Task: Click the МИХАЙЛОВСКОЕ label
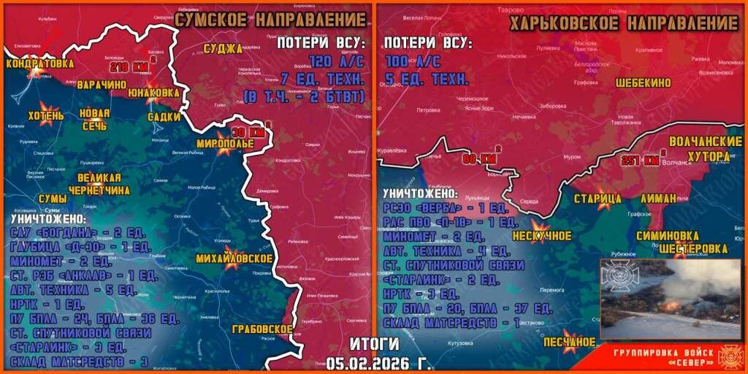[x=234, y=259]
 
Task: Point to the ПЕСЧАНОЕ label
[x=570, y=341]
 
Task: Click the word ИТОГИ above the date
[x=374, y=344]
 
